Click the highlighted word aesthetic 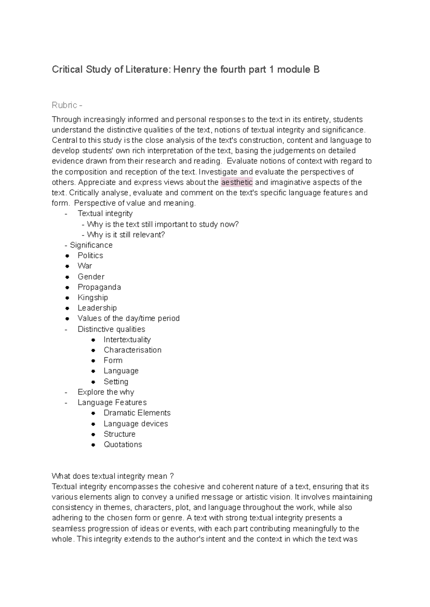(x=237, y=182)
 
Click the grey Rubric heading (x=65, y=105)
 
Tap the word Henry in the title (x=187, y=69)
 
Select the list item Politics (x=90, y=255)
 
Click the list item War (x=85, y=266)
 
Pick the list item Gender (x=91, y=277)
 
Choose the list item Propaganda (x=99, y=287)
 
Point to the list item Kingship (x=93, y=297)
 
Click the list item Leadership (x=97, y=308)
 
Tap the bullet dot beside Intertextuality (x=93, y=340)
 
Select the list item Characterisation (x=133, y=350)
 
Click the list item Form (x=113, y=360)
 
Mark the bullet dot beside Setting (x=93, y=382)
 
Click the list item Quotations (x=123, y=445)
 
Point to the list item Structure (x=120, y=434)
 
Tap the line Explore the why (x=106, y=392)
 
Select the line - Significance (x=89, y=245)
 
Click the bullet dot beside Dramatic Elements (x=93, y=413)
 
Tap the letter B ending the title (x=316, y=69)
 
